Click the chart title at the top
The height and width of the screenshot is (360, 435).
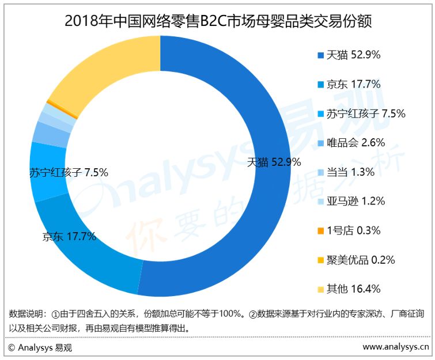[x=218, y=21]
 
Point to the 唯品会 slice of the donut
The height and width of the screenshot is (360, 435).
[x=51, y=135]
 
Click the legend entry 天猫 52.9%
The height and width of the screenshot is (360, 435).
[x=349, y=55]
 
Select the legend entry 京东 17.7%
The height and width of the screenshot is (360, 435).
[x=349, y=84]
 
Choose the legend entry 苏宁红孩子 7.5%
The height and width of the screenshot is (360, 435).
[x=361, y=113]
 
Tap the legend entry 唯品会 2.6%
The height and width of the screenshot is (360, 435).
[x=351, y=143]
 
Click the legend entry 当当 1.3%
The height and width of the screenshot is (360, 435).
[x=346, y=172]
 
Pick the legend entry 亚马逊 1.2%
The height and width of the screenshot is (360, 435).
[x=351, y=202]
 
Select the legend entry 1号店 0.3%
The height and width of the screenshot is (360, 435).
[x=349, y=231]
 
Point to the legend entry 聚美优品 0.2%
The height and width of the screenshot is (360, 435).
[x=356, y=260]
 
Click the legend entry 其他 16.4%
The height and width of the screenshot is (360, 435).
[x=349, y=289]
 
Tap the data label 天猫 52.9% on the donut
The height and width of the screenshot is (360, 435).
[x=274, y=162]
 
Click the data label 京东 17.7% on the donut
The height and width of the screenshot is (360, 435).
[x=69, y=237]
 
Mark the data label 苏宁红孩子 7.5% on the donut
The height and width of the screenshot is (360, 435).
[x=69, y=172]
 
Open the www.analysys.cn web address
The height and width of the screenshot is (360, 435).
[x=396, y=347]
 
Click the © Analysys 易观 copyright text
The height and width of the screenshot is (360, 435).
[x=40, y=347]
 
